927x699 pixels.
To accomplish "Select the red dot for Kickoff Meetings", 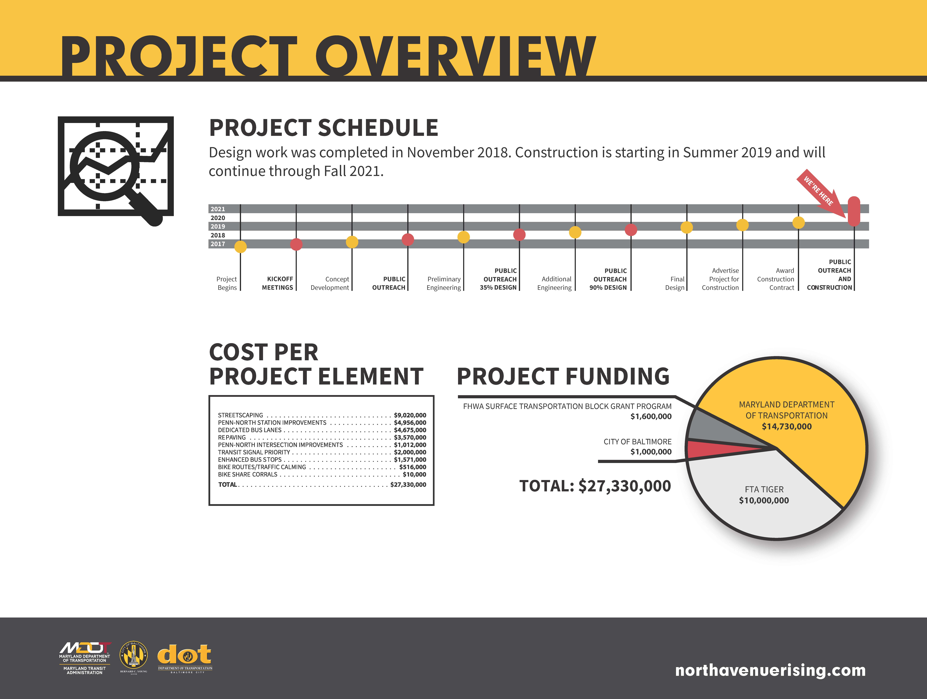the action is point(296,244).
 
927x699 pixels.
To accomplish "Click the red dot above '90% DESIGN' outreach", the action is point(631,230).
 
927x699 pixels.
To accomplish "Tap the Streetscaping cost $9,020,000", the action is point(410,415).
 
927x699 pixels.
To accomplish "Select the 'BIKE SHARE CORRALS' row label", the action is point(248,474).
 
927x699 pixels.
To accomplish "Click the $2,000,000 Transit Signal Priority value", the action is point(410,452).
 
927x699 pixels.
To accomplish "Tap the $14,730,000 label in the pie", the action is point(787,426).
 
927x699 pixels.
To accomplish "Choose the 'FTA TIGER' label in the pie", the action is point(764,489).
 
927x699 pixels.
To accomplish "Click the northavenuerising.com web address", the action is point(770,670).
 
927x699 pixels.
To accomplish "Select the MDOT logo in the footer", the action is point(85,658).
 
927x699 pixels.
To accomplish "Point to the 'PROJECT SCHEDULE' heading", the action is point(324,128).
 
